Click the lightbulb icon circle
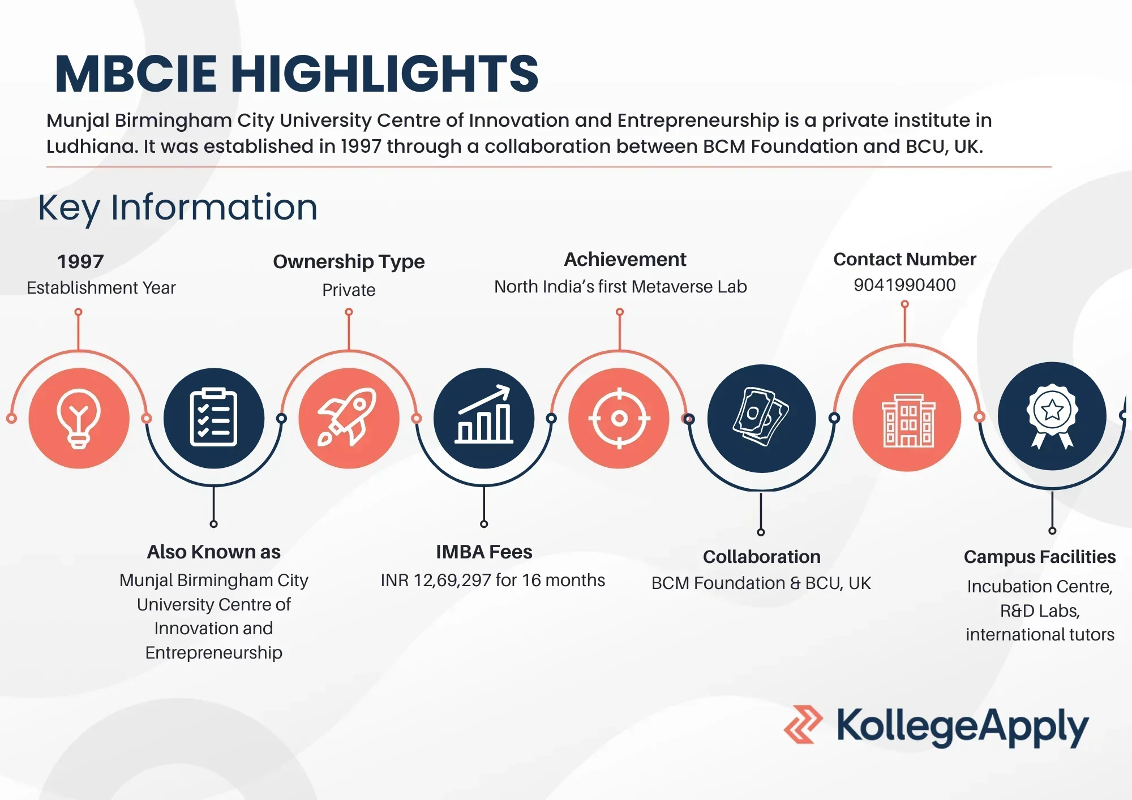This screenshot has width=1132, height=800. coord(79,418)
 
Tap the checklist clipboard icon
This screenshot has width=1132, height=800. coord(214,418)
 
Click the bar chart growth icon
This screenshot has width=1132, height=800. coord(484,414)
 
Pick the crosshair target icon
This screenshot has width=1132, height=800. coord(619,418)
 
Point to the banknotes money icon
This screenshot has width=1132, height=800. coord(761,417)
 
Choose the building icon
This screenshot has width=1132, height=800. coord(907,420)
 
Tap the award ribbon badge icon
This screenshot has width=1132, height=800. coord(1052,416)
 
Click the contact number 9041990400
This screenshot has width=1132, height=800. coord(904,285)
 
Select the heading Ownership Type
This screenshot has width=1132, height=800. coord(349,261)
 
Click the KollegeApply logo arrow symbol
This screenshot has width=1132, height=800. coord(803,724)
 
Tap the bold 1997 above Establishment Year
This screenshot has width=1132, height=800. coord(80,261)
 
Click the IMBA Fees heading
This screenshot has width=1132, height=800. coord(484,552)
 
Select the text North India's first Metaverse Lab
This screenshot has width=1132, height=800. coord(620,287)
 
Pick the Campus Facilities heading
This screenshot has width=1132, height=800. coord(1040,557)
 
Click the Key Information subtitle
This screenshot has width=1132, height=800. coord(178,208)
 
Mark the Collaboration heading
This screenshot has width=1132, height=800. coord(761,557)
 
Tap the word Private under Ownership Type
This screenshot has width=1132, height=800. coord(349,290)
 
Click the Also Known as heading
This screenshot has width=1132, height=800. coord(213,552)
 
